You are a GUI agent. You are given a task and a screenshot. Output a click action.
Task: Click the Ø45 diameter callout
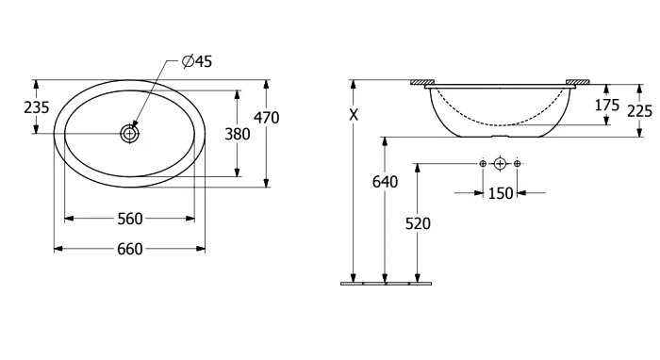click(197, 61)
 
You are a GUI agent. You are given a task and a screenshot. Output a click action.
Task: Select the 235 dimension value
click(37, 107)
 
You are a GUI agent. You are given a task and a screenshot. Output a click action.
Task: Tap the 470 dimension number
click(267, 118)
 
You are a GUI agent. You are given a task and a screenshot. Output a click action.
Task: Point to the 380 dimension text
click(238, 134)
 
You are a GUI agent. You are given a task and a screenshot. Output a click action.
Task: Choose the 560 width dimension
click(130, 219)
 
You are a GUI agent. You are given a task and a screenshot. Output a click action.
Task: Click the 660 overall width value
click(130, 250)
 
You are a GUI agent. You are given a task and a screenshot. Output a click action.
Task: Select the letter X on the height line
click(354, 114)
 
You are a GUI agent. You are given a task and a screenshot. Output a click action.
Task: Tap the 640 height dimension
click(385, 182)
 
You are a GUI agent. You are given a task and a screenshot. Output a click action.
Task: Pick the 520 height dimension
click(418, 223)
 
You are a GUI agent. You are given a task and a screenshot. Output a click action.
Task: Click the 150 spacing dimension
click(501, 193)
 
